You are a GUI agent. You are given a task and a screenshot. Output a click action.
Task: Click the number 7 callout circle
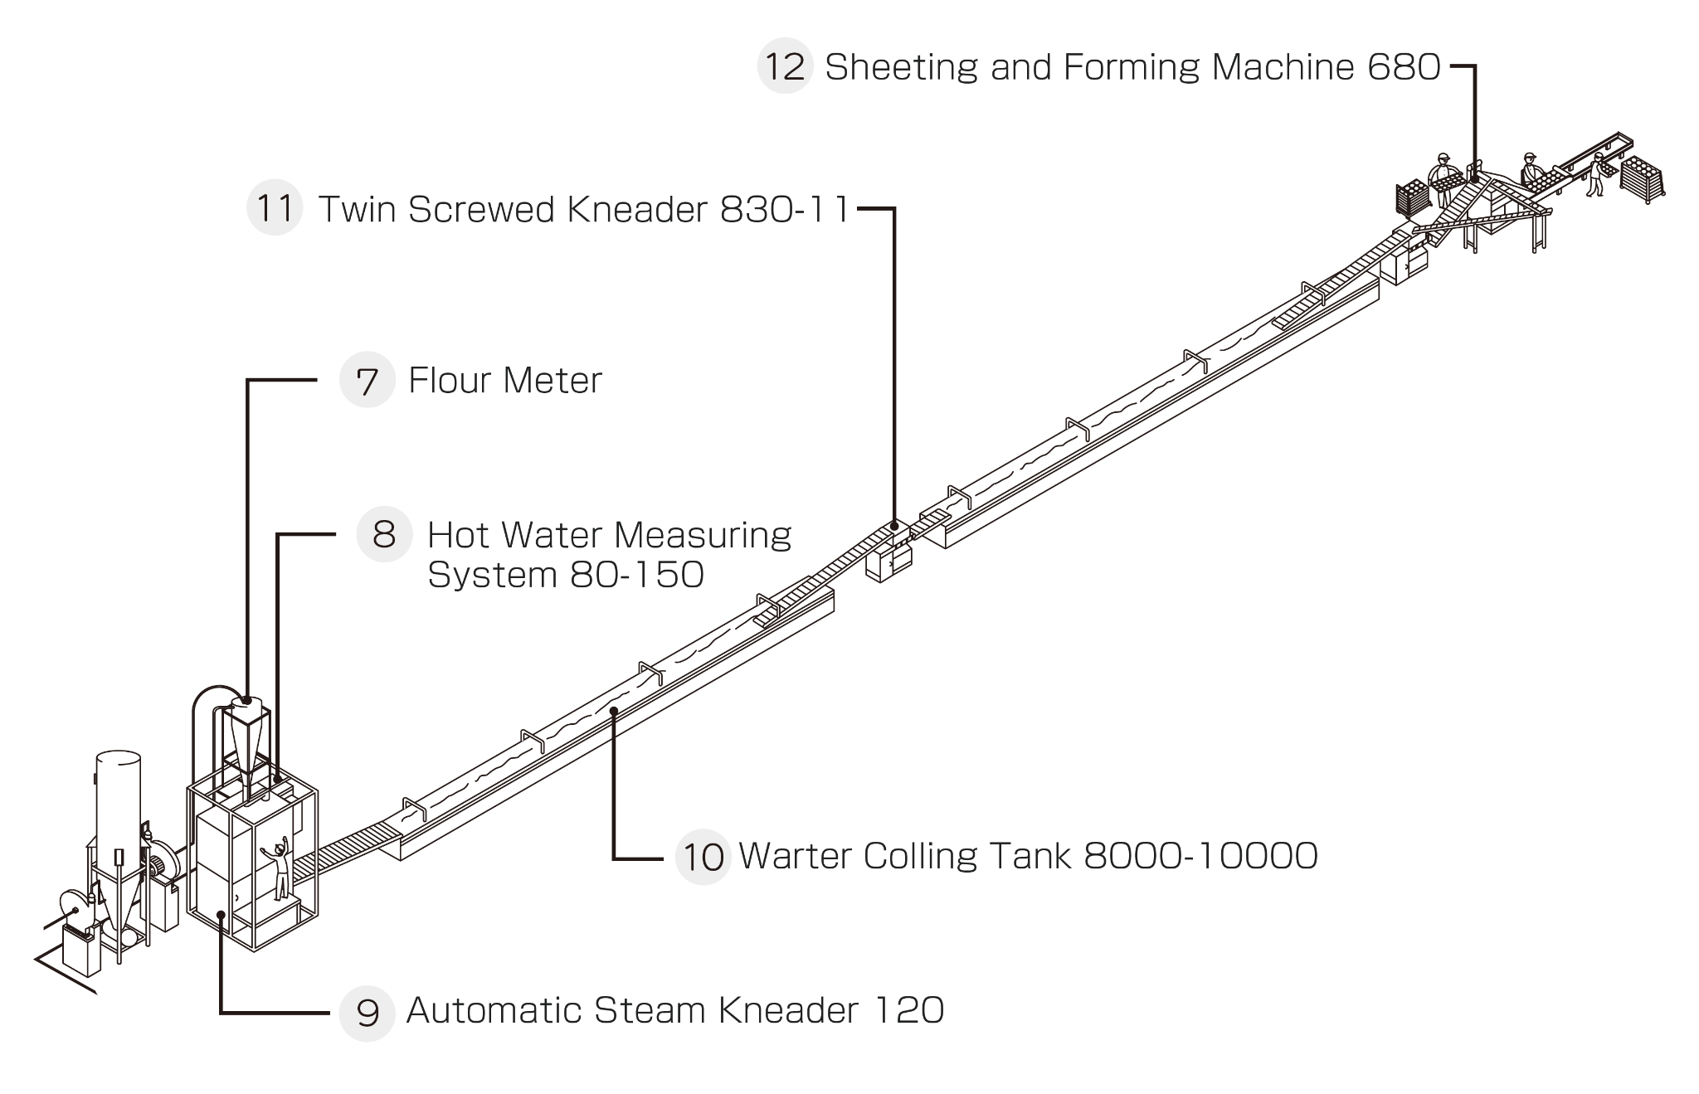point(367,381)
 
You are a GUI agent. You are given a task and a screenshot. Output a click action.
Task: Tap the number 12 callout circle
point(784,66)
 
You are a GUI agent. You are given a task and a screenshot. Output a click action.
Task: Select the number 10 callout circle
point(703,857)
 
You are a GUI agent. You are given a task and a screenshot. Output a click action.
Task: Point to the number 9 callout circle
point(367,1012)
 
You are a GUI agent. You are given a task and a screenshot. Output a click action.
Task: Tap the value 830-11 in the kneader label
point(785,210)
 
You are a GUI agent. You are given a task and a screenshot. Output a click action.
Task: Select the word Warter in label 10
point(795,856)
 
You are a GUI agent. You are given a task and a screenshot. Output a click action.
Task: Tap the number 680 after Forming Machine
point(1404,67)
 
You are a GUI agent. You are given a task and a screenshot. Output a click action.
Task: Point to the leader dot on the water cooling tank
point(614,711)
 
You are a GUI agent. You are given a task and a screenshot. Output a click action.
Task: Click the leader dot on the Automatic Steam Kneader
point(222,915)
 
